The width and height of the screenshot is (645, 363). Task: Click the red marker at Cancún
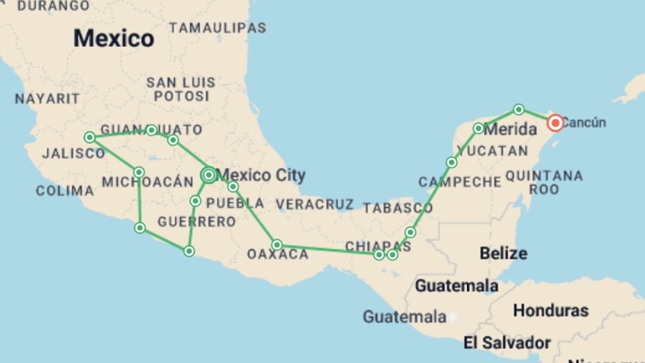pos(555,123)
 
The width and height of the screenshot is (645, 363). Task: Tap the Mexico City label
pos(261,175)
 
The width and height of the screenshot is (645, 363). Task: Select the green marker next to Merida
pos(478,128)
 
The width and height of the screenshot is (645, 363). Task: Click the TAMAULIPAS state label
pos(218,28)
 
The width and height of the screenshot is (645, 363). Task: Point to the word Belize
pos(503,253)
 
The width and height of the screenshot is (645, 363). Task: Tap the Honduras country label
pos(551,311)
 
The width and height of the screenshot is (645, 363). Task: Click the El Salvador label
pos(507,343)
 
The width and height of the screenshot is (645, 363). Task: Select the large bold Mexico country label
pos(114,38)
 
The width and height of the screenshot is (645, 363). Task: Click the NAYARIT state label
pos(47,99)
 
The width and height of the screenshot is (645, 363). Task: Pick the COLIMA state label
pos(65,191)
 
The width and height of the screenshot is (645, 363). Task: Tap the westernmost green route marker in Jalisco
pos(90,137)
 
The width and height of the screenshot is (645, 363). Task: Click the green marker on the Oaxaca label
pos(277,245)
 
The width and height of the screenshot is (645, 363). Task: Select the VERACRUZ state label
pos(314,204)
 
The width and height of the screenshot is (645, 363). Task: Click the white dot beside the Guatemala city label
pos(453,317)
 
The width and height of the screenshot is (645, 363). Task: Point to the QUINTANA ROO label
pos(544,183)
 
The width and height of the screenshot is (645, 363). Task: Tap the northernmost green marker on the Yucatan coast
pos(519,110)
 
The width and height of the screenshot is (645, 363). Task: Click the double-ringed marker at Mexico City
pos(209,175)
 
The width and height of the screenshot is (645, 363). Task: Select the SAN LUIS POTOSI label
pos(181,89)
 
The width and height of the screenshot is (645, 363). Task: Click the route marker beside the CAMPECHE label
pos(451,163)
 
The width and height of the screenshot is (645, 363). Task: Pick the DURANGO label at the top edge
pos(53,5)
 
